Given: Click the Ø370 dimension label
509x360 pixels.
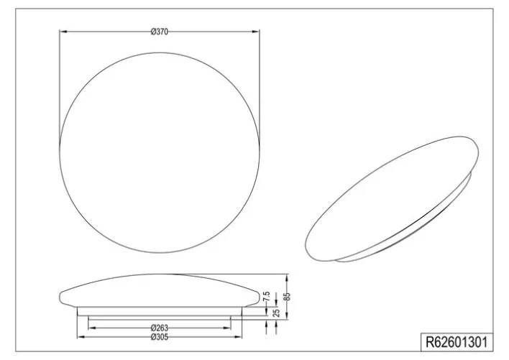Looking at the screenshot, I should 160,31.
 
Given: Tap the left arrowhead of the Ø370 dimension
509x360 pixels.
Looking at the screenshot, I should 61,31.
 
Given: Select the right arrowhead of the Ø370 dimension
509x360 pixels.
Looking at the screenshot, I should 257,31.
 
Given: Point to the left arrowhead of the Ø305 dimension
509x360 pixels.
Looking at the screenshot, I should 78,336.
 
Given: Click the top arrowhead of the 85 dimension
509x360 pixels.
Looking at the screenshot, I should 288,275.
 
